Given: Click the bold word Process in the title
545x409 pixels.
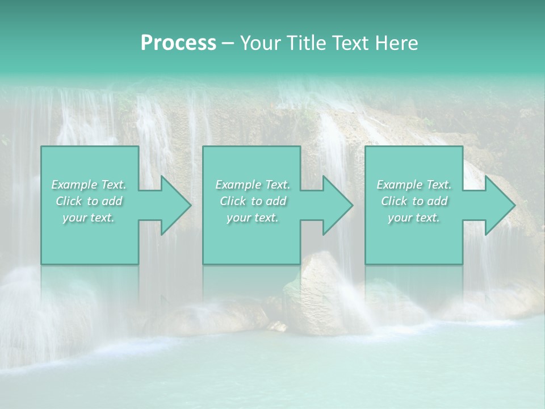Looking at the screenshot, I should pyautogui.click(x=178, y=43).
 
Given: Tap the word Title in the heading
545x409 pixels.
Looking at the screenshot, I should pyautogui.click(x=304, y=43).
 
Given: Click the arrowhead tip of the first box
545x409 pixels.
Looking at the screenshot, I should pyautogui.click(x=191, y=205).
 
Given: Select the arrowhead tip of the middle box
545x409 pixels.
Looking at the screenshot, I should pyautogui.click(x=353, y=205).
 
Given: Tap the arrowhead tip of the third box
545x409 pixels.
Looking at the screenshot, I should pyautogui.click(x=515, y=205).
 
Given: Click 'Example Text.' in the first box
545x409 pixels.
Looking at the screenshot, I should pyautogui.click(x=89, y=185).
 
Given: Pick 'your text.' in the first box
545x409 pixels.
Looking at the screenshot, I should pyautogui.click(x=89, y=218).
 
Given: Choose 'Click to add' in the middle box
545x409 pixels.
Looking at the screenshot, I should pyautogui.click(x=253, y=201).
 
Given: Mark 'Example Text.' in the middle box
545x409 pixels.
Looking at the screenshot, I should pyautogui.click(x=253, y=185).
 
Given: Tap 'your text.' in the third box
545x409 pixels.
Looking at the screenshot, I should pyautogui.click(x=414, y=218).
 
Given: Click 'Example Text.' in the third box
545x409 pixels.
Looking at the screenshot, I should pyautogui.click(x=414, y=185).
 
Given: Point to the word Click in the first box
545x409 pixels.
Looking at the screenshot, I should pyautogui.click(x=69, y=201).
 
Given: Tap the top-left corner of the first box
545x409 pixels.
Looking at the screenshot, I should pyautogui.click(x=41, y=147).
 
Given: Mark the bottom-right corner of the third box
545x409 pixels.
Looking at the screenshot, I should pyautogui.click(x=462, y=264).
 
